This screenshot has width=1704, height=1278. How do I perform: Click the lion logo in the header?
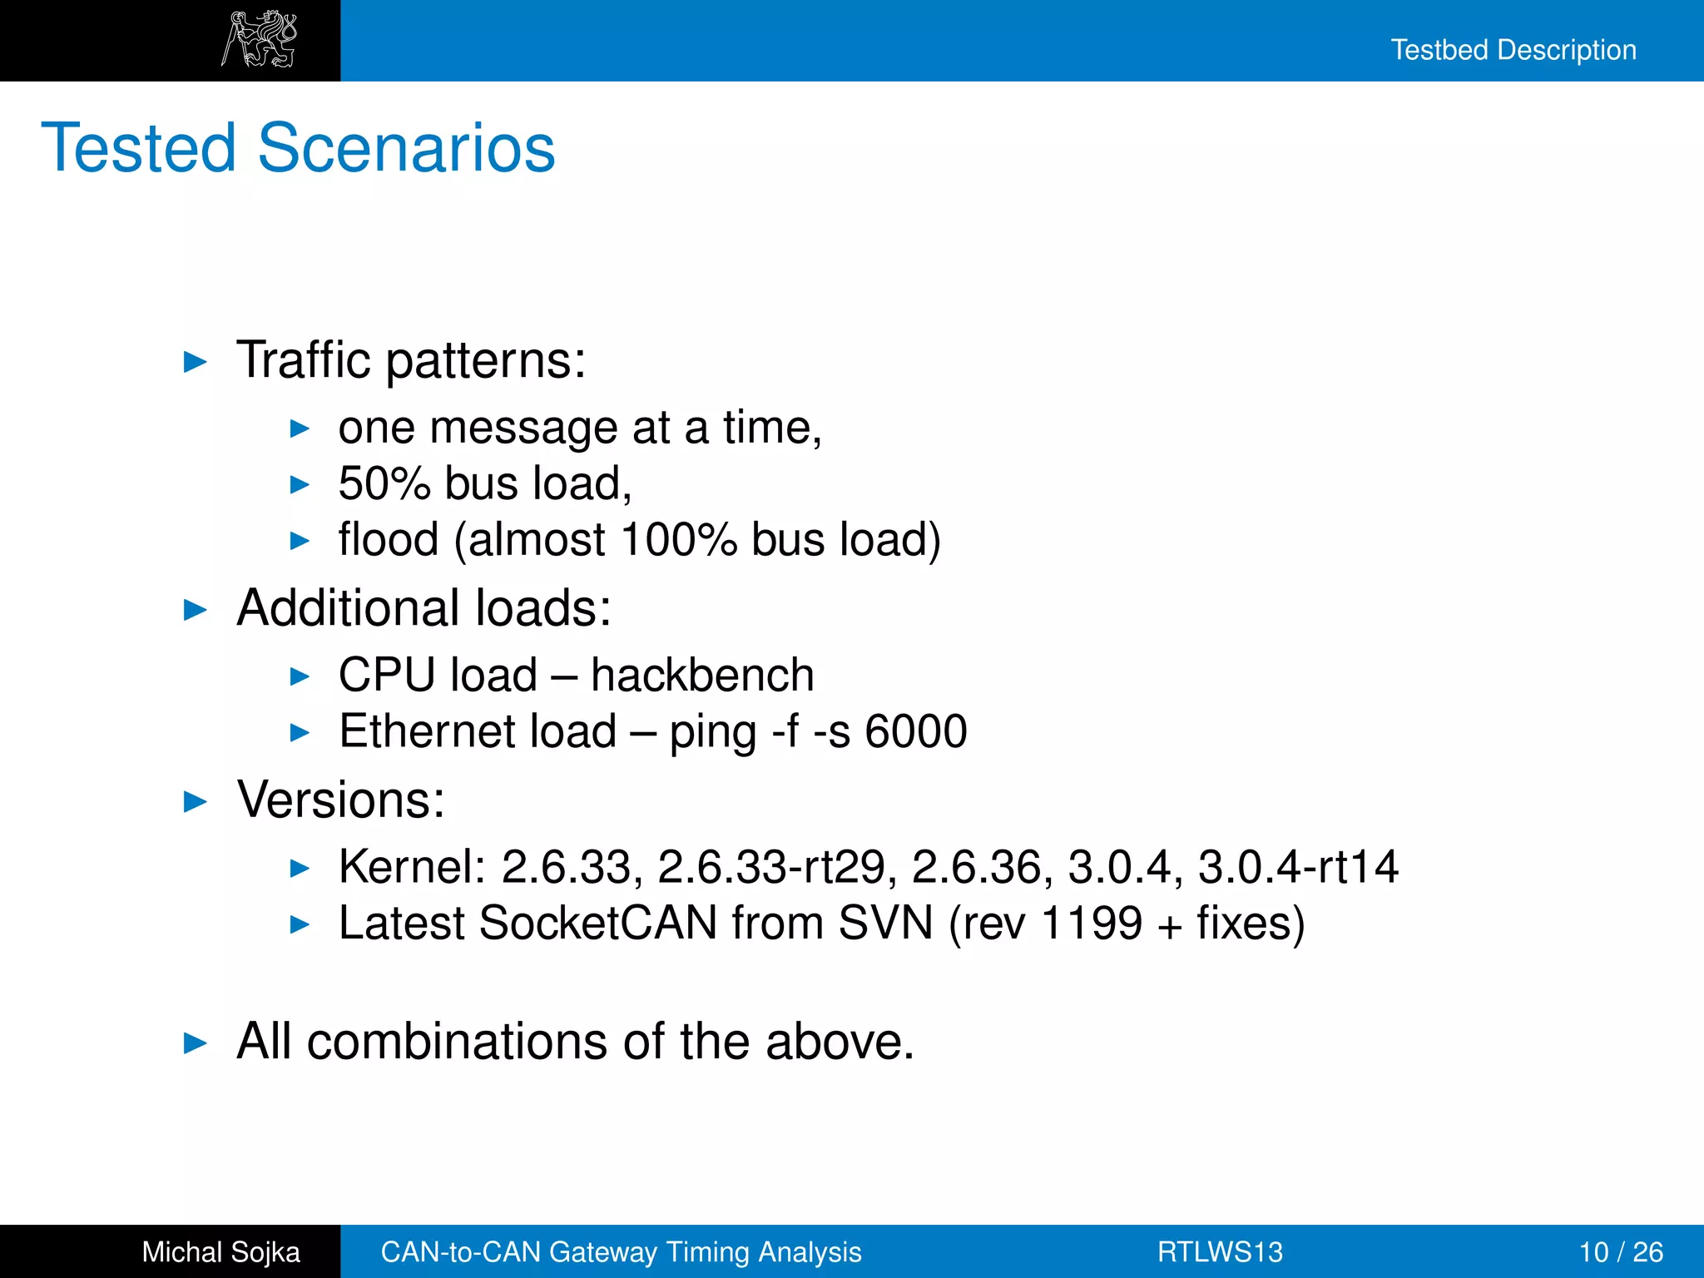(259, 39)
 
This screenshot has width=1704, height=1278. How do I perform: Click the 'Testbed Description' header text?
(1513, 50)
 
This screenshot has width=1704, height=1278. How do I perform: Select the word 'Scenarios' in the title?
(406, 148)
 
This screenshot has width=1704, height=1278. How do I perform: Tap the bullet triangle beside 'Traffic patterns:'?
(195, 362)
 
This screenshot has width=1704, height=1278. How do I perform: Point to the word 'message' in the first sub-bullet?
(523, 428)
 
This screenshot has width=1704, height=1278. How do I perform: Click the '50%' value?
(384, 483)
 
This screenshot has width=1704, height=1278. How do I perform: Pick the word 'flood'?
(388, 539)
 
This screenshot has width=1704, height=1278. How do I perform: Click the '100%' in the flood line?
(678, 539)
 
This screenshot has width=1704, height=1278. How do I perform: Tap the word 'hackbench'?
(702, 675)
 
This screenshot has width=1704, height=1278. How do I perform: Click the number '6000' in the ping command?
(915, 731)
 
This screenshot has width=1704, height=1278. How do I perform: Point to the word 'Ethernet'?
(478, 731)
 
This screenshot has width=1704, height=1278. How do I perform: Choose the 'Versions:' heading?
(341, 800)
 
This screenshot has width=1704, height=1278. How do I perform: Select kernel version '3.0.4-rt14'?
(1298, 867)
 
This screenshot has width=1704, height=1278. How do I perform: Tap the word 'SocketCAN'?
(597, 923)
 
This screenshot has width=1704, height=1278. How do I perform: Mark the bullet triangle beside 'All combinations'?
(195, 1043)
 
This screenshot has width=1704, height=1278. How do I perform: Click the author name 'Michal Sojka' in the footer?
(220, 1252)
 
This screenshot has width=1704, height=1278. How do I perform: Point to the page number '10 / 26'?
(1621, 1252)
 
